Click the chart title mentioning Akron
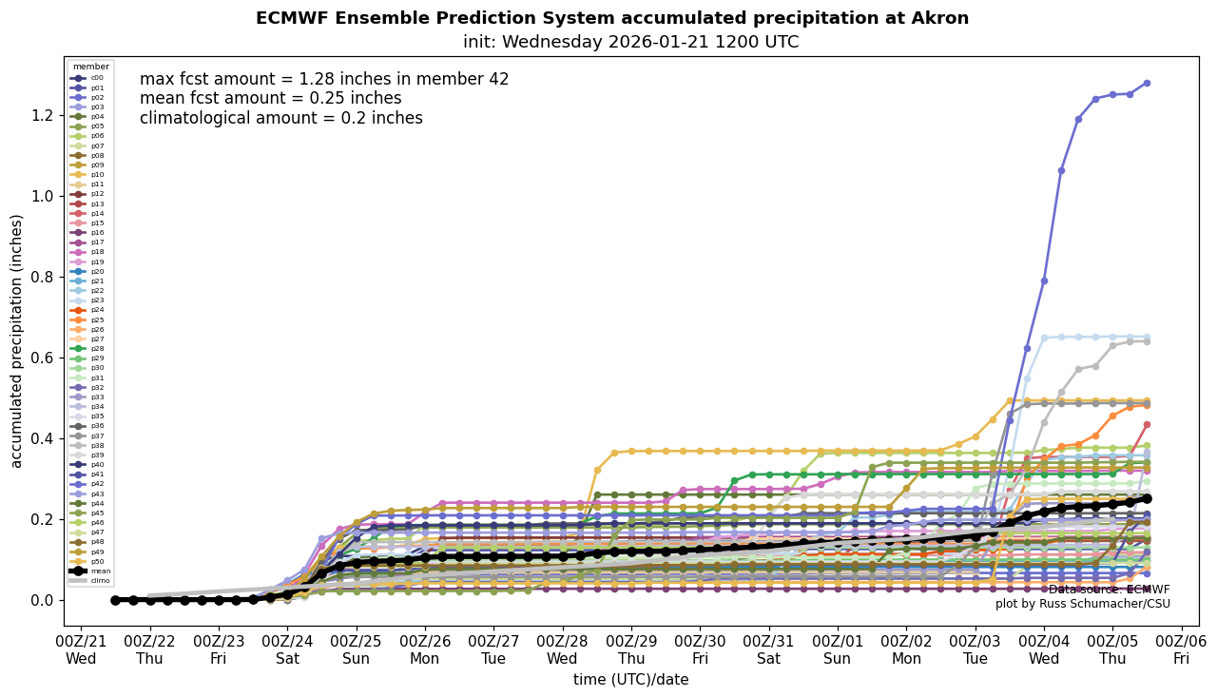click(611, 18)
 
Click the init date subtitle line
click(630, 42)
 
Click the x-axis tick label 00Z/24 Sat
click(288, 649)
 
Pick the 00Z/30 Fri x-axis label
click(701, 649)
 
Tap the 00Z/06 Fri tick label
click(1182, 649)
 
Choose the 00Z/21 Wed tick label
click(81, 649)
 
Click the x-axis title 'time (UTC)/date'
click(630, 679)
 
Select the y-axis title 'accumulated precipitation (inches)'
click(16, 340)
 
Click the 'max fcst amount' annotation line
click(324, 80)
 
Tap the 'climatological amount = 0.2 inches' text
click(280, 119)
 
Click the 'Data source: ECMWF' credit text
click(1109, 590)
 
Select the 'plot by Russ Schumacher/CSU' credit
click(1082, 604)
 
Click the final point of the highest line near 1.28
click(1147, 83)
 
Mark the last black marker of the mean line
click(1147, 498)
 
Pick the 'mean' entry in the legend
click(91, 571)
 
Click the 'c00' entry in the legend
click(91, 78)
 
